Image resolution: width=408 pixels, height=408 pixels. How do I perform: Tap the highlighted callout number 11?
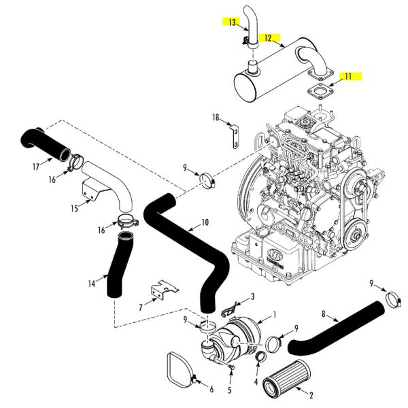[x=347, y=77]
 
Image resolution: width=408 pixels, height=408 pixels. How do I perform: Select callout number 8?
[x=324, y=316]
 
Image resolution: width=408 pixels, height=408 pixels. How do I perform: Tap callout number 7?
[x=140, y=307]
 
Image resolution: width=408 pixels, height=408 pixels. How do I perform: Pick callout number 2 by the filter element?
[x=311, y=394]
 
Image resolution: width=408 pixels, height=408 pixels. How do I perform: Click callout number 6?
[x=211, y=389]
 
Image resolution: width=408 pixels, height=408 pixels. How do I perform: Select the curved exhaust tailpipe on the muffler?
[x=248, y=27]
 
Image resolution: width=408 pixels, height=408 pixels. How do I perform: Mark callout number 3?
[x=253, y=296]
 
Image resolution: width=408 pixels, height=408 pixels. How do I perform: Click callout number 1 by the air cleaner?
[x=275, y=315]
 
